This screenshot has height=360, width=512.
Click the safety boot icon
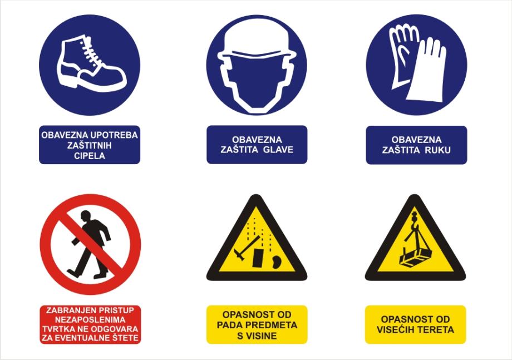91,63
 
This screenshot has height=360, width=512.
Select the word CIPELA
90,156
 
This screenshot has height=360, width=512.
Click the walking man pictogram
90,244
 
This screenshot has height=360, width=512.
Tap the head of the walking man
86,215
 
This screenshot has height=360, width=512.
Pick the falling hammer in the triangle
247,248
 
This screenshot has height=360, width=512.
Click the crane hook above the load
415,219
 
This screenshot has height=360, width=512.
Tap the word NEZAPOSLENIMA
90,319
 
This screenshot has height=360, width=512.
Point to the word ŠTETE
125,338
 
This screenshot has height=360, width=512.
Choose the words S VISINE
257,336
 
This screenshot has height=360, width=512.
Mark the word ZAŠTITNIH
90,145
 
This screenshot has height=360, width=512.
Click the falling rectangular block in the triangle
258,257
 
